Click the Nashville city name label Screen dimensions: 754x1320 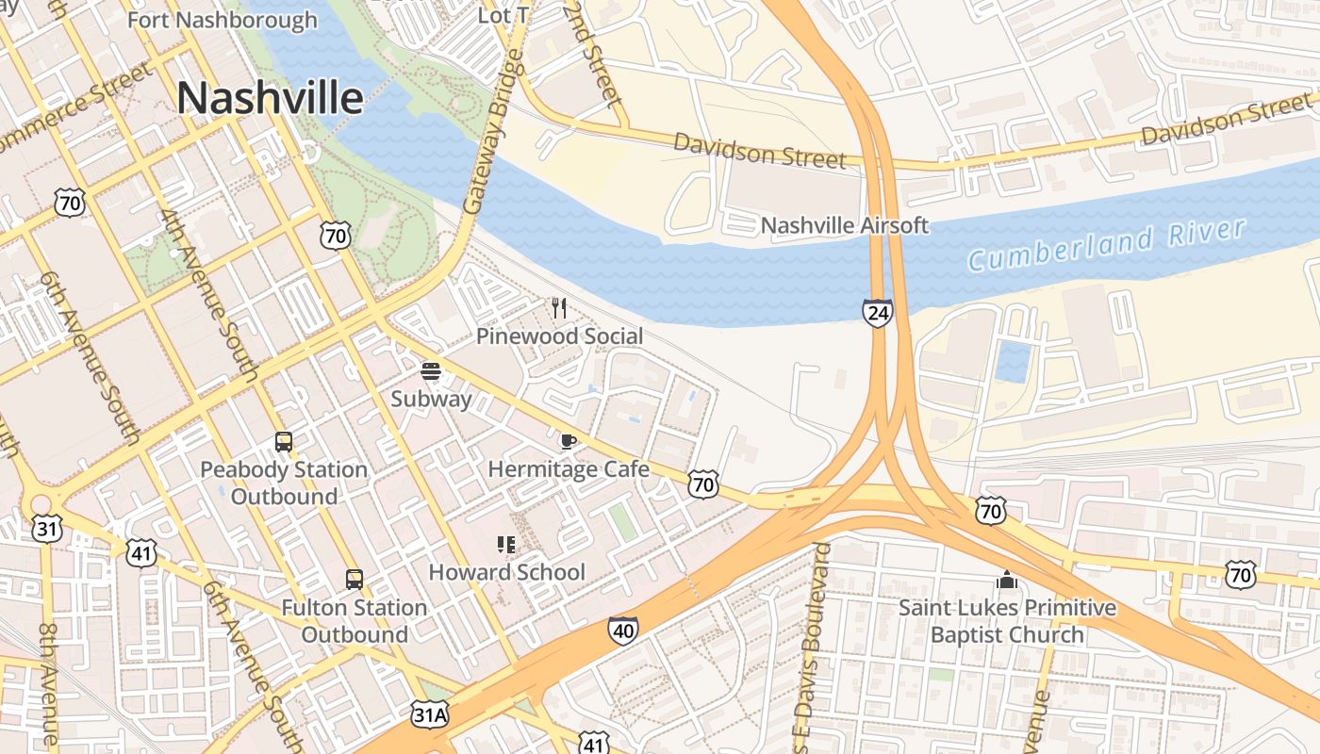click(x=270, y=98)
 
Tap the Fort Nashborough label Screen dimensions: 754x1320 click(x=223, y=20)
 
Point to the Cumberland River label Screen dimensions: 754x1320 click(x=1107, y=243)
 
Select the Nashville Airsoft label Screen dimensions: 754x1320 click(x=844, y=225)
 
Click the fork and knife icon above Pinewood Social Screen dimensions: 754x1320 click(x=559, y=307)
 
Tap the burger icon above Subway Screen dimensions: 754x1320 click(x=431, y=371)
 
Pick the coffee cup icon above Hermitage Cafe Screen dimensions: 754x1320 click(x=568, y=441)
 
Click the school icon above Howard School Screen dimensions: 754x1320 click(x=506, y=544)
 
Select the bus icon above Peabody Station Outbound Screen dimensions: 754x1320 click(x=283, y=441)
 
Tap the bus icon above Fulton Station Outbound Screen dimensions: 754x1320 click(x=355, y=580)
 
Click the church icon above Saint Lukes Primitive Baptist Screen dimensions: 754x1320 click(x=1007, y=580)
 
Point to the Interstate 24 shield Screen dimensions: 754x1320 click(x=877, y=313)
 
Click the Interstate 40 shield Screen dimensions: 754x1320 click(x=622, y=631)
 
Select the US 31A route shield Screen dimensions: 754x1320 click(x=430, y=714)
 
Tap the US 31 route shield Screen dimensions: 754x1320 click(x=45, y=529)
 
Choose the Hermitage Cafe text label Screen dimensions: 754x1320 click(x=569, y=468)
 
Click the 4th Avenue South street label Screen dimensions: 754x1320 click(x=209, y=295)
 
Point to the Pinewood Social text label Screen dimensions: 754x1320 click(x=559, y=336)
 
